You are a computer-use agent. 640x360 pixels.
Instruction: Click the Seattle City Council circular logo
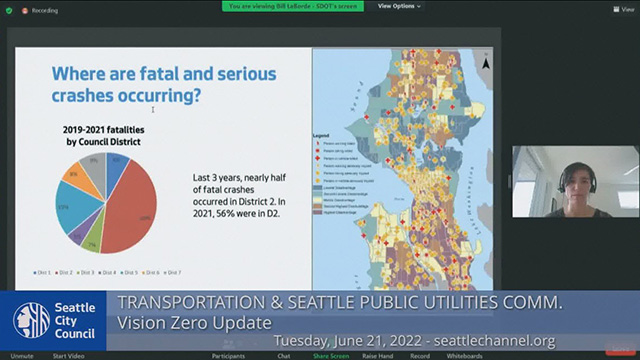[x=31, y=321]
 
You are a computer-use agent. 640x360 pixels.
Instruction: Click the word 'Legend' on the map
[x=322, y=133]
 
